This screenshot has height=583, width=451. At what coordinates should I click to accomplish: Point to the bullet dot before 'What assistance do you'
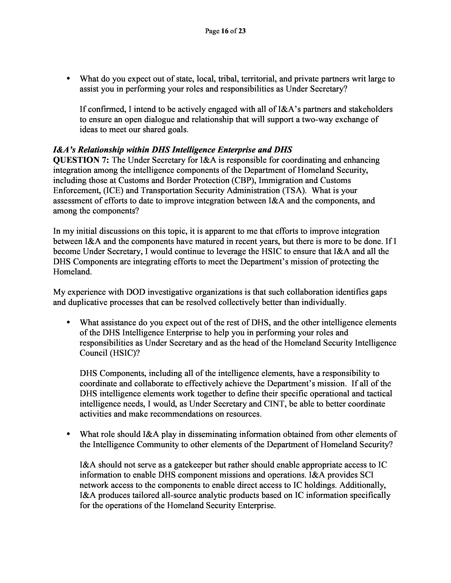[69, 323]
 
